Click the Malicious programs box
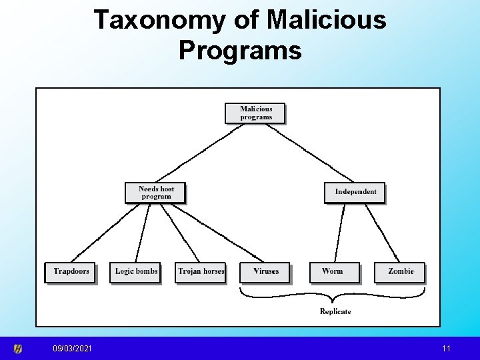tap(255, 113)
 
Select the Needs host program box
tap(155, 193)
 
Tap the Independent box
tap(355, 192)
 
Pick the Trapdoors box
tap(71, 272)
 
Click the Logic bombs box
tap(135, 272)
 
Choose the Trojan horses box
tap(201, 272)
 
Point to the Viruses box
tap(265, 272)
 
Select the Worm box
tap(334, 272)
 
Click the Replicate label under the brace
tap(335, 311)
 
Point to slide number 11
tap(445, 349)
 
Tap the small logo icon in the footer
tap(18, 349)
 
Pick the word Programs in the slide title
tap(240, 50)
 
